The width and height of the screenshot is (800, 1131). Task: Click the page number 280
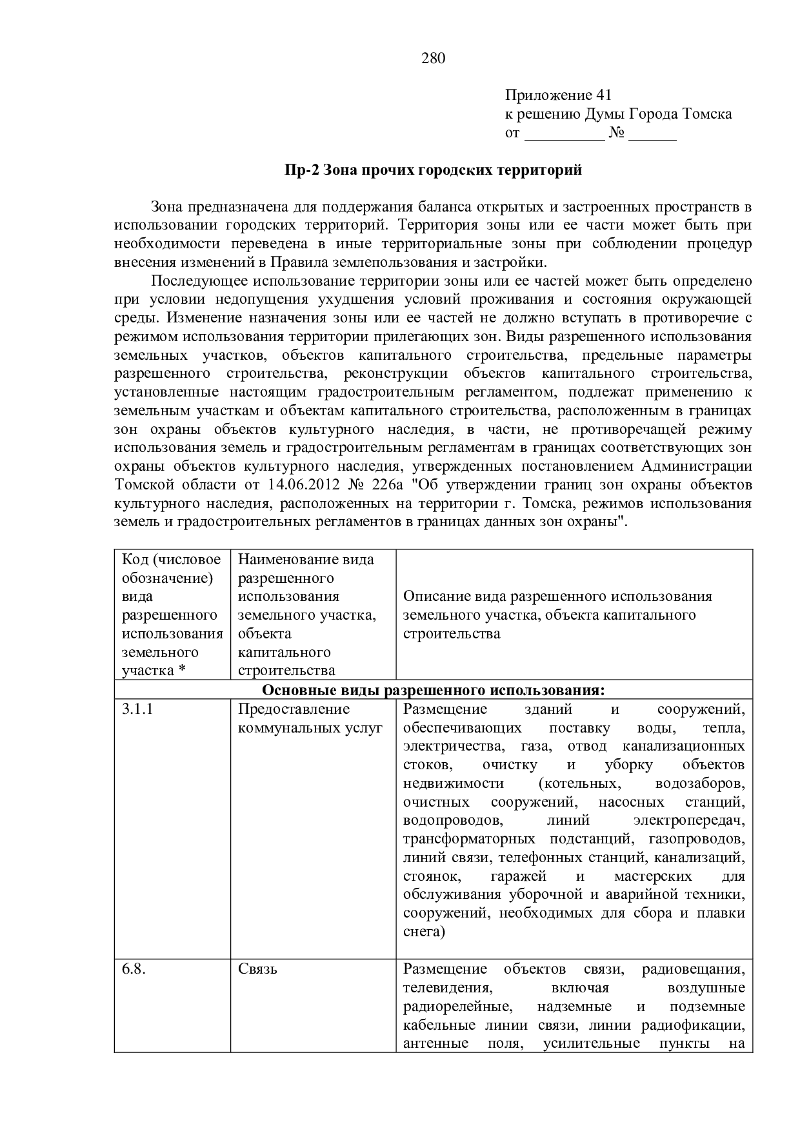click(x=434, y=59)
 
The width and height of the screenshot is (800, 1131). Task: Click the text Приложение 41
click(x=557, y=95)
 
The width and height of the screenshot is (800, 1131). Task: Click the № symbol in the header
click(x=616, y=133)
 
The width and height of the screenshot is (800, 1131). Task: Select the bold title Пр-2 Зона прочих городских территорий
click(x=434, y=170)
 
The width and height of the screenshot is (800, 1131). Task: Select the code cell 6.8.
click(x=134, y=969)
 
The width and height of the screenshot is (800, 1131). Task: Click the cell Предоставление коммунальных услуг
click(x=310, y=718)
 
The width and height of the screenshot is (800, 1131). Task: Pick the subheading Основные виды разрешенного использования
click(x=434, y=690)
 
